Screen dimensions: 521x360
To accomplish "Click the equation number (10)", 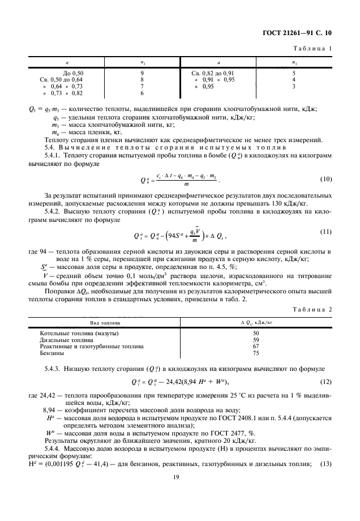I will tap(325, 179).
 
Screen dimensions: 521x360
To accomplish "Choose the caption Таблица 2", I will tap(312, 310).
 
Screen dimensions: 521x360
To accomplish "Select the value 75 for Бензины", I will tap(255, 352).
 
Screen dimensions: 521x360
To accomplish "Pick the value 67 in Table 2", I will tap(255, 346).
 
